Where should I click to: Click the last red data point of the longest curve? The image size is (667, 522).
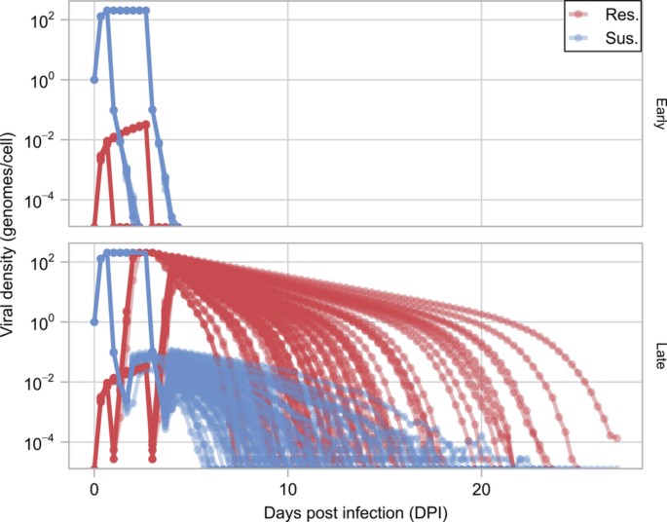tap(615, 438)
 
